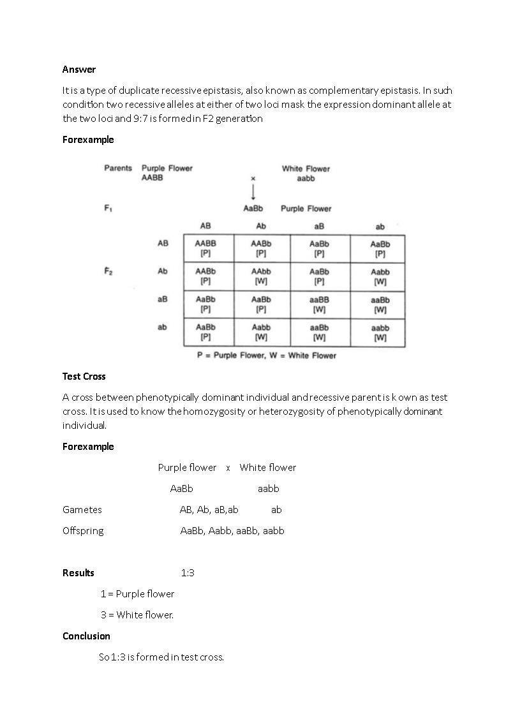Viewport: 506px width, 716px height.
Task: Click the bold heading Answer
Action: (x=79, y=69)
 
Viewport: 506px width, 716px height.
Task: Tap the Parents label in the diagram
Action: (x=118, y=168)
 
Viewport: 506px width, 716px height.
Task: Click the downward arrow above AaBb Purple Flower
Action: (x=253, y=191)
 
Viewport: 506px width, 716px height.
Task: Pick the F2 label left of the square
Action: (x=108, y=271)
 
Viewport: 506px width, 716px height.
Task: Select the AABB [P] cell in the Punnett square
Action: (x=205, y=248)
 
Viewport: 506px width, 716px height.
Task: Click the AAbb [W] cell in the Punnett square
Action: (x=261, y=276)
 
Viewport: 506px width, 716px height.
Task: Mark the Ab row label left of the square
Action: (x=163, y=271)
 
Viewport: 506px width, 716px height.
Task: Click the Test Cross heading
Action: (x=84, y=377)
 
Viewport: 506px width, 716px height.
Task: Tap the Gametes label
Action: (x=82, y=510)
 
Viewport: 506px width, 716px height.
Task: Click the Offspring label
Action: (x=83, y=531)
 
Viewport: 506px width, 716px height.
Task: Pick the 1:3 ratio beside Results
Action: (x=188, y=573)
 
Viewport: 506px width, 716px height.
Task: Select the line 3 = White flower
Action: (x=137, y=615)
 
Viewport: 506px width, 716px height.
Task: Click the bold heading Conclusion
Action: (x=86, y=636)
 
